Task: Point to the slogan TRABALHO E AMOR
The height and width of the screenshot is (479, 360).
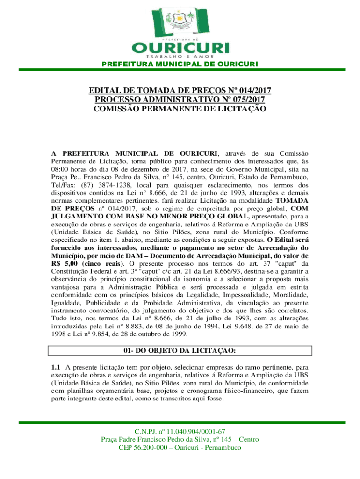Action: [x=180, y=57]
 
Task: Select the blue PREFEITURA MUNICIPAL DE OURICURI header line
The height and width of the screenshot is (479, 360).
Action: [x=180, y=64]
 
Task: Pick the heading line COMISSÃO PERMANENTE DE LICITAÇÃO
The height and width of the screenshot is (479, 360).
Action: [x=180, y=109]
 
